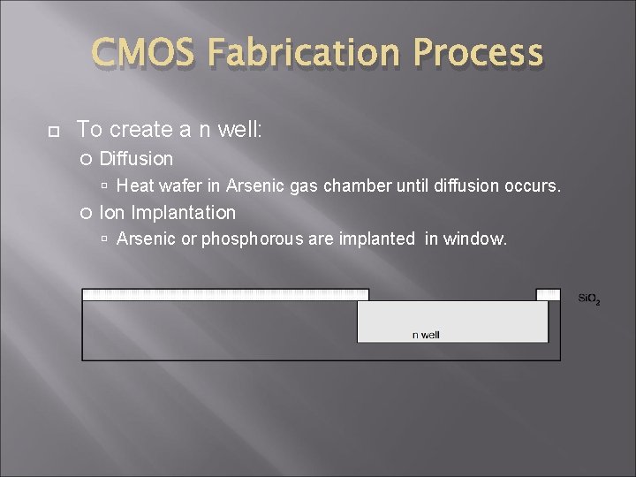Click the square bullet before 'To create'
(x=51, y=131)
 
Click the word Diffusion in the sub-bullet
(x=136, y=159)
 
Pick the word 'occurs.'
(x=533, y=185)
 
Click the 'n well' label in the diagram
(x=426, y=335)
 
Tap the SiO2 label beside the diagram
(x=588, y=299)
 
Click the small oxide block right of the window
(x=548, y=294)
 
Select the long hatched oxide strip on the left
(x=225, y=294)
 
